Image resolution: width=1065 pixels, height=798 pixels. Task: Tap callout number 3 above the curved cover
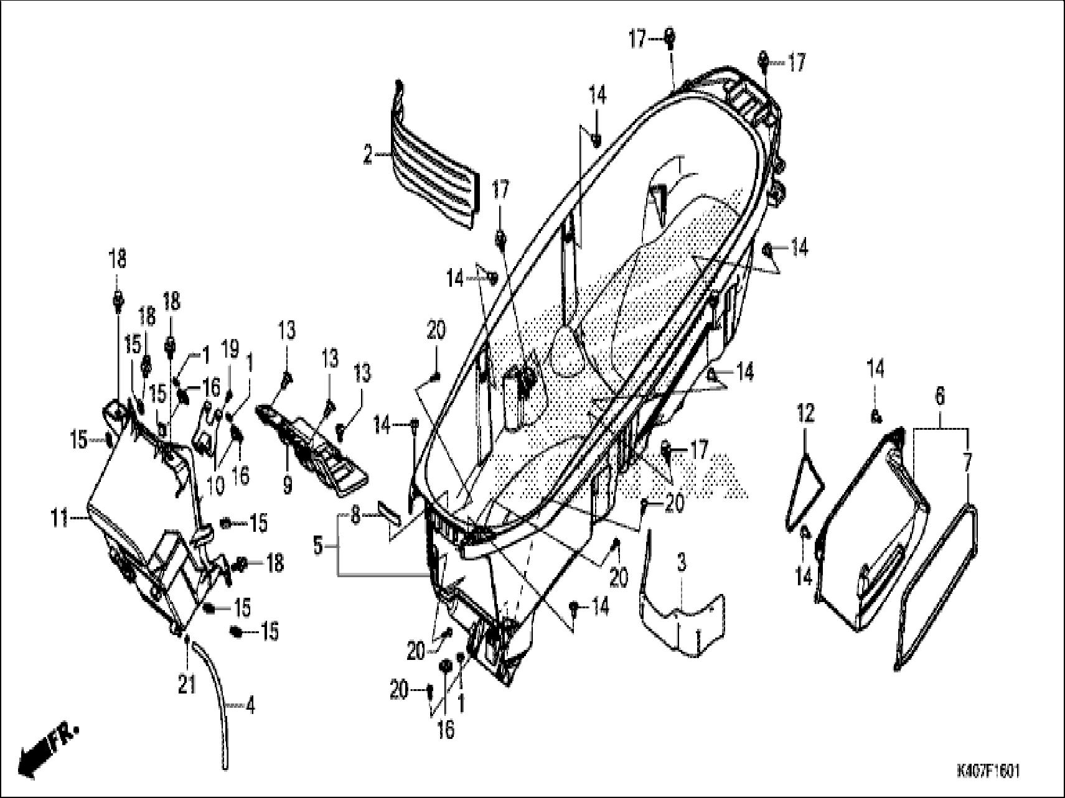coord(682,564)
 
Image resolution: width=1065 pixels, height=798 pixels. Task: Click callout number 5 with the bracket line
coord(939,396)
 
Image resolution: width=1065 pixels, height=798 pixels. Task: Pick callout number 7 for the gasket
coord(355,516)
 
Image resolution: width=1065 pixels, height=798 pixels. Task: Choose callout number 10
coord(60,518)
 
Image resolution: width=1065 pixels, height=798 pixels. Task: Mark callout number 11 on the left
coord(805,413)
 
